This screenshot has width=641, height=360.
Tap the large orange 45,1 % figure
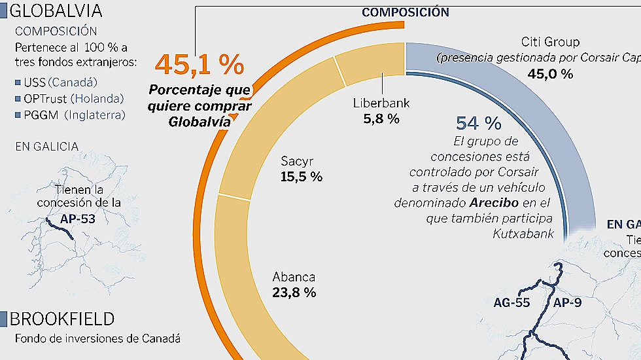pyautogui.click(x=199, y=65)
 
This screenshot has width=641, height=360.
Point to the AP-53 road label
pyautogui.click(x=77, y=219)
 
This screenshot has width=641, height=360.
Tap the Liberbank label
pyautogui.click(x=381, y=103)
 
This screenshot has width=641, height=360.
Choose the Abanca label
pyautogui.click(x=294, y=276)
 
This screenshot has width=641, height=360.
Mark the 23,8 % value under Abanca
pyautogui.click(x=294, y=293)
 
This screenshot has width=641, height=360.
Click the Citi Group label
pyautogui.click(x=551, y=42)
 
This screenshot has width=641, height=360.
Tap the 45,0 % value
pyautogui.click(x=551, y=73)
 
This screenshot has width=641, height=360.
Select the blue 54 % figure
pyautogui.click(x=478, y=123)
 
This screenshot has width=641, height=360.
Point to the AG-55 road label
pyautogui.click(x=511, y=302)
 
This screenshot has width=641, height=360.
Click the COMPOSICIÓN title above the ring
pyautogui.click(x=406, y=12)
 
